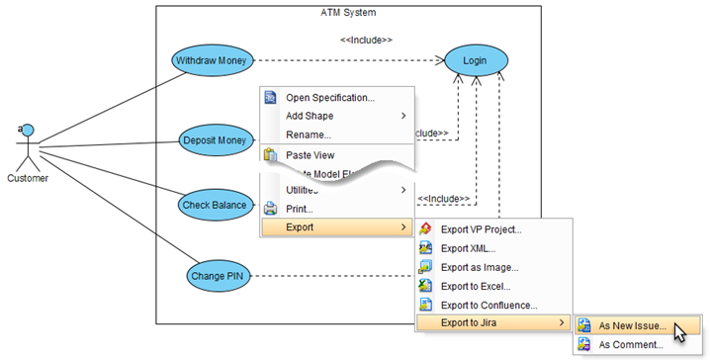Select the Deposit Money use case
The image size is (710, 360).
coord(214,140)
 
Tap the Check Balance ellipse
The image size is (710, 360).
coord(214,206)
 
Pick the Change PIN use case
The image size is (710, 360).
coord(220,275)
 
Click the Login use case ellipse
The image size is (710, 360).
coord(475,61)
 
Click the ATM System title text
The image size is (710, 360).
coord(348,12)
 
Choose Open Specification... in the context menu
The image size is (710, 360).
coord(329,97)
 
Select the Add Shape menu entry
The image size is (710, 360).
coord(309,116)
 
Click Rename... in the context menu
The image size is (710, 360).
coord(308,135)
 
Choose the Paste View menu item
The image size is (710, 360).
coord(310,154)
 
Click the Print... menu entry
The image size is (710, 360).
coord(299,209)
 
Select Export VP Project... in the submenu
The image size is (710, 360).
coord(481,229)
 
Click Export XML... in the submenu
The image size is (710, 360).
coord(468,248)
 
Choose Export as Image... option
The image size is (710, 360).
coord(479,267)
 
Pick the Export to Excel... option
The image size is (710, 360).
coord(475,286)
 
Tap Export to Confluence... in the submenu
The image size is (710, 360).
coord(488,305)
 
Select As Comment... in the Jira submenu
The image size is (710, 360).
coord(630,344)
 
